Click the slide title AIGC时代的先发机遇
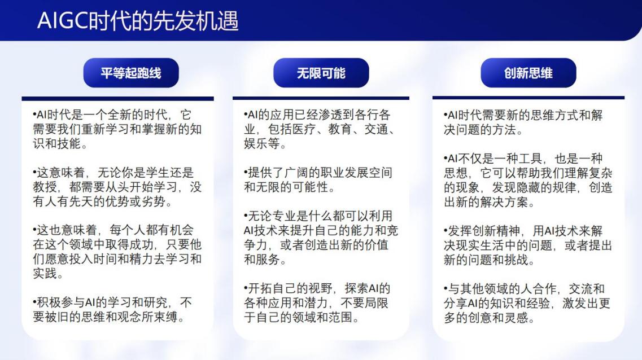tap(138, 20)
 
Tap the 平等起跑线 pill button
tap(131, 73)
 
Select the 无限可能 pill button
tap(321, 73)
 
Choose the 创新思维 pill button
tap(528, 73)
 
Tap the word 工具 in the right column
tap(530, 159)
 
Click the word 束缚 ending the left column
tap(165, 317)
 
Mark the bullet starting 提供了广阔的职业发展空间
tap(318, 180)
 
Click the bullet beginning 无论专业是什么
tap(321, 238)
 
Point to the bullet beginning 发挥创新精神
tap(528, 245)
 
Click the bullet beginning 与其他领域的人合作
tap(527, 303)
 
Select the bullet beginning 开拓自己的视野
tap(317, 302)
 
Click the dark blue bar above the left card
tap(117, 99)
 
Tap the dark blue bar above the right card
tap(528, 98)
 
